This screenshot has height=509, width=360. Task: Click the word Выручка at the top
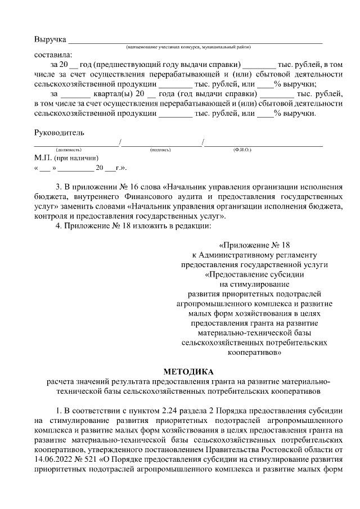point(50,40)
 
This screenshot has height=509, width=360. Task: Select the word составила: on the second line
point(53,55)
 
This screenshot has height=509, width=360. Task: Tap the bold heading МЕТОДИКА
point(188,372)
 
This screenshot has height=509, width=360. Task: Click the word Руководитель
point(59,133)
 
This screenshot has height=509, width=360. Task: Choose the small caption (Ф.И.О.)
point(242,150)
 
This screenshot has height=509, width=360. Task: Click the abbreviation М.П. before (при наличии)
point(43,159)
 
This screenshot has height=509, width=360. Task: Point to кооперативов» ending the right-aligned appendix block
point(255,352)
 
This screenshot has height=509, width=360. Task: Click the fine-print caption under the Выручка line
point(189,47)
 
